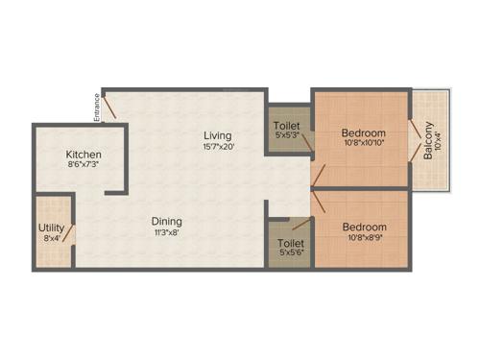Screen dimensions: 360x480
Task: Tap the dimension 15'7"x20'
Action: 219,147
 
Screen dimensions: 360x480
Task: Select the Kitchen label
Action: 84,155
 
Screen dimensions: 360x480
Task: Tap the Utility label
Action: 51,228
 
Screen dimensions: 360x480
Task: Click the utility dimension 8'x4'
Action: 51,238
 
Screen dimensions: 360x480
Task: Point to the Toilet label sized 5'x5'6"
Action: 290,244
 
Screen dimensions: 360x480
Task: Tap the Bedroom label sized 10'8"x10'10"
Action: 364,132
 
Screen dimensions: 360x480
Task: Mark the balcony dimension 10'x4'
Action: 440,140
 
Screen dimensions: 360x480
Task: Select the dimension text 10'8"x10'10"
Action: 364,144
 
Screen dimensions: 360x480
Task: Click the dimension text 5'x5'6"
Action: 290,254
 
